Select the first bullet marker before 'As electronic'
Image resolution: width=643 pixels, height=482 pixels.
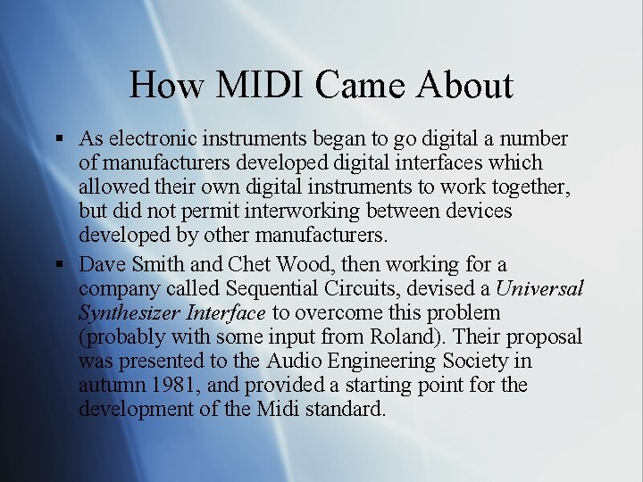[x=58, y=140]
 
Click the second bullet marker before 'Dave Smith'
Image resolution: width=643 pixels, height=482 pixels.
[x=58, y=265]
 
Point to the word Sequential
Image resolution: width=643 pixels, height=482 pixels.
[x=271, y=289]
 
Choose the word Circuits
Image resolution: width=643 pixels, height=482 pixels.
[x=362, y=289]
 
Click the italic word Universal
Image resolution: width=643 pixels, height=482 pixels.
[x=539, y=289]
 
